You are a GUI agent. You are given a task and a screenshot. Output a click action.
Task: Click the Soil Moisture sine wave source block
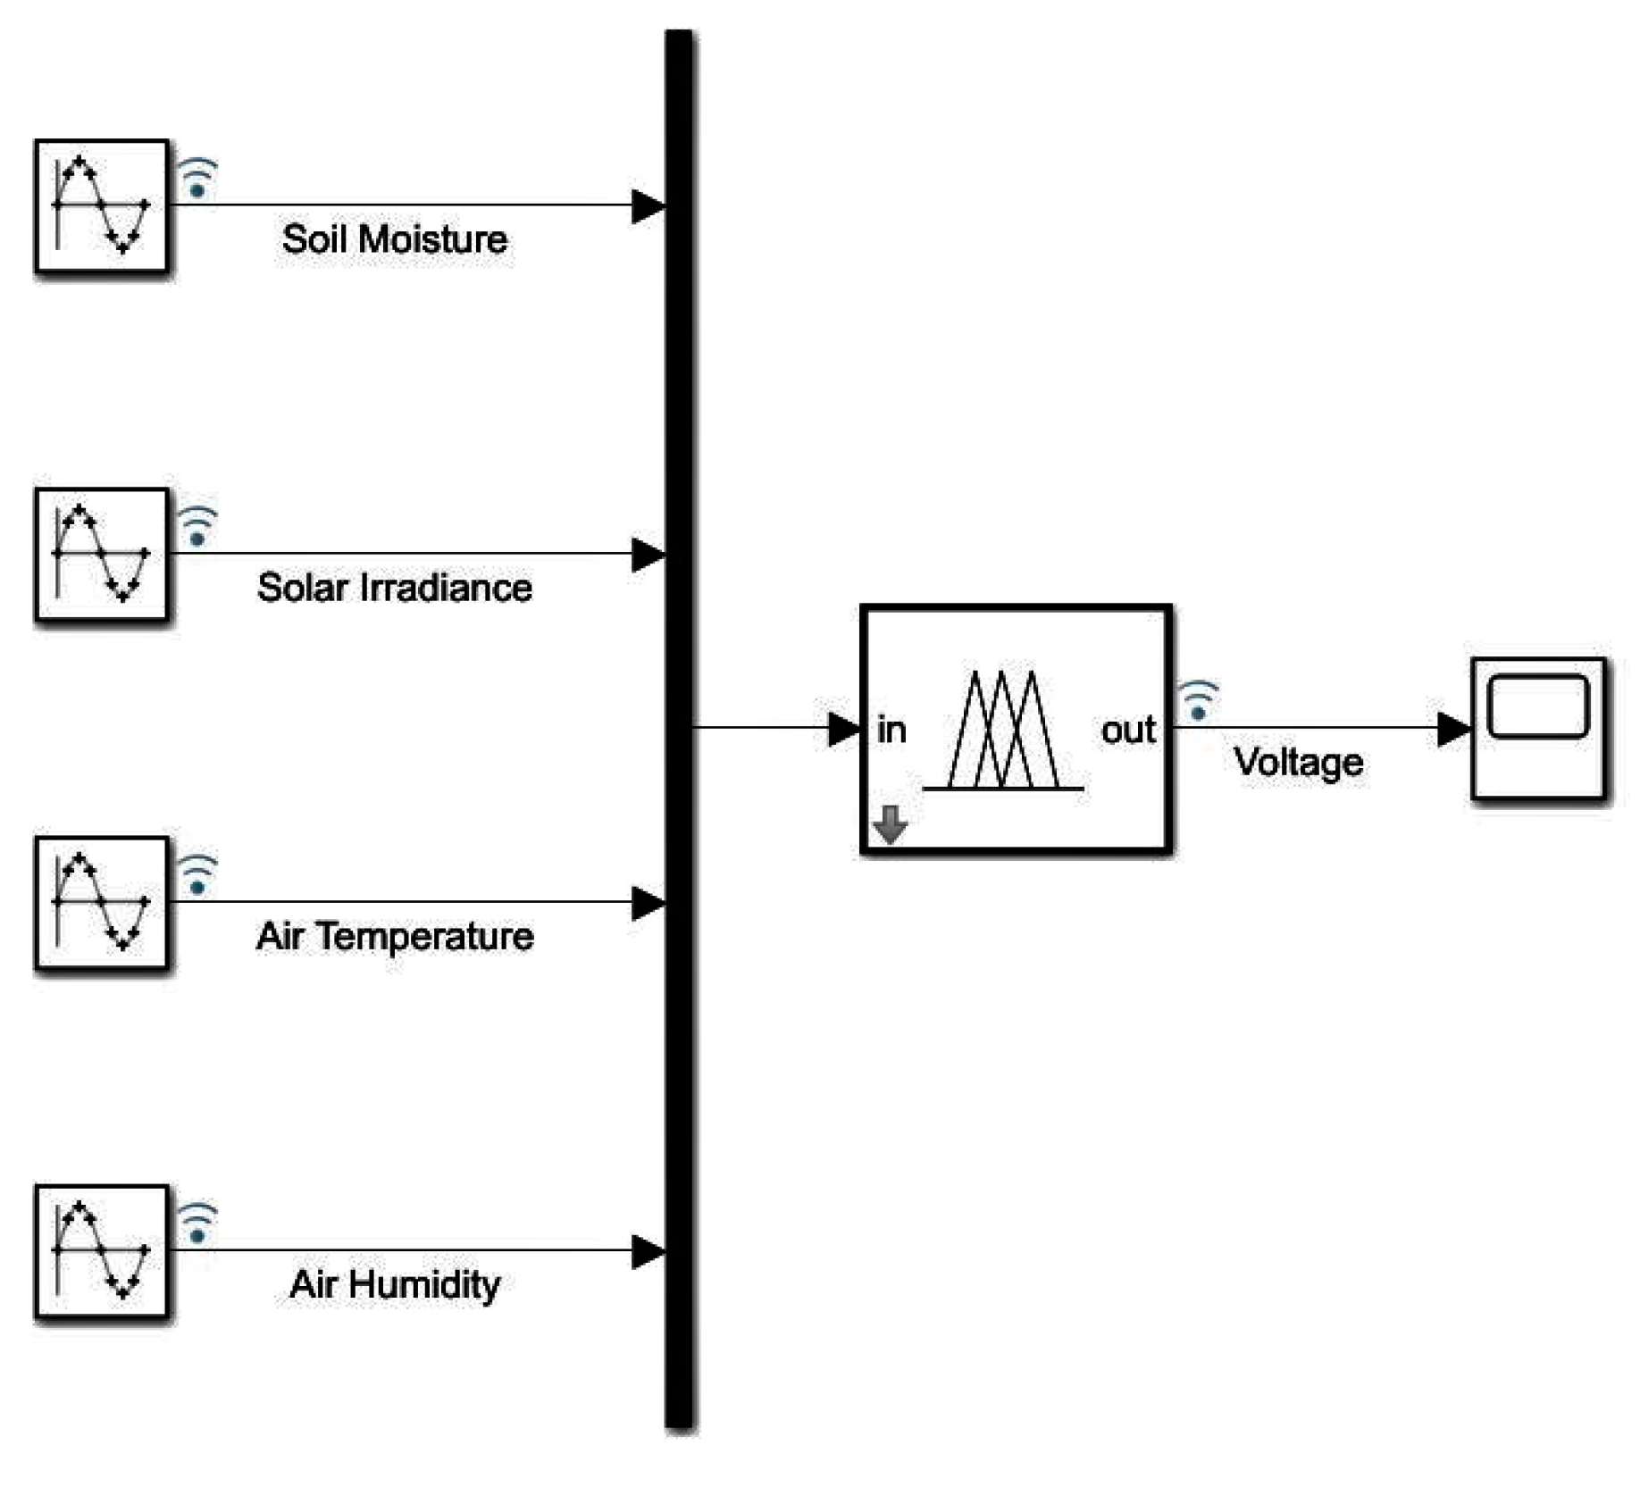click(101, 205)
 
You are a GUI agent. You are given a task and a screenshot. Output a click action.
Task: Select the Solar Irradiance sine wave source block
click(101, 554)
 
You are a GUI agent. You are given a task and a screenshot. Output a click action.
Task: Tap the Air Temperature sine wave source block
click(101, 902)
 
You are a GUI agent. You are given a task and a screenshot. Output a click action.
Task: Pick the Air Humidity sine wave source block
click(101, 1250)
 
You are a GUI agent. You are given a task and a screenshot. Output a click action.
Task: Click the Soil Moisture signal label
click(394, 239)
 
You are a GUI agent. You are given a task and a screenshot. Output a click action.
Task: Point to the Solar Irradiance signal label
click(394, 588)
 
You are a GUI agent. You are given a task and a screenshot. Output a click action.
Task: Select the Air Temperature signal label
click(394, 936)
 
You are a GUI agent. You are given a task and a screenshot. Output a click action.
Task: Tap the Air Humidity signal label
click(394, 1284)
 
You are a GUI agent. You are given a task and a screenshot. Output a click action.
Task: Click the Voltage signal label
click(1298, 763)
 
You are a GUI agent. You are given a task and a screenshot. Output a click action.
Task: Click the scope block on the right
click(1537, 728)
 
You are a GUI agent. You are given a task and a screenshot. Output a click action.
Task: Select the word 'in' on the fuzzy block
click(891, 731)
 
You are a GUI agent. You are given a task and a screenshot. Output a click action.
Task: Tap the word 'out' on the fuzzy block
click(1128, 731)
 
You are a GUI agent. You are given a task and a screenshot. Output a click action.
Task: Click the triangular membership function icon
click(1003, 731)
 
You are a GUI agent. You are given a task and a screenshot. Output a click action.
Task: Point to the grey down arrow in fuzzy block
click(890, 823)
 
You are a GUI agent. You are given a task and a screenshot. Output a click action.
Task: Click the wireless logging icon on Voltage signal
click(1198, 700)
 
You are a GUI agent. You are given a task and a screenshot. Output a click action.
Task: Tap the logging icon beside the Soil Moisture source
click(197, 177)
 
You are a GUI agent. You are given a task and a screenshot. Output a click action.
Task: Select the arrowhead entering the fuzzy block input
click(842, 729)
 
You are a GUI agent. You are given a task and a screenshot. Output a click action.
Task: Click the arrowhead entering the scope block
click(1452, 729)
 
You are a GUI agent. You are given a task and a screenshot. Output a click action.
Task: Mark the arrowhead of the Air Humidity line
click(647, 1251)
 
